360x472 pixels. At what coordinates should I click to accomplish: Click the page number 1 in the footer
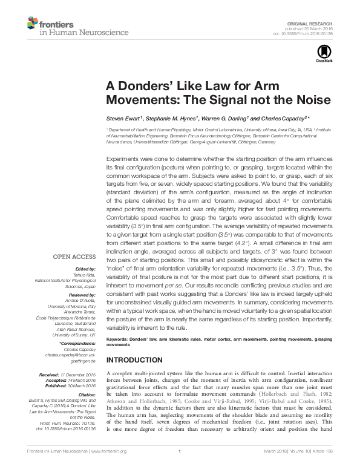click(x=180, y=466)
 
